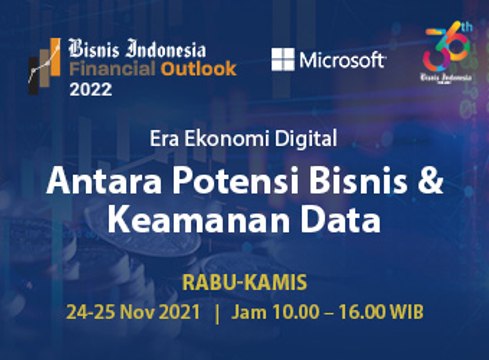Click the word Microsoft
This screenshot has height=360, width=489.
pyautogui.click(x=342, y=60)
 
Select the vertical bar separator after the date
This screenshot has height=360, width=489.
pyautogui.click(x=217, y=311)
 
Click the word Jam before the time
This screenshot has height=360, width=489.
pyautogui.click(x=248, y=311)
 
